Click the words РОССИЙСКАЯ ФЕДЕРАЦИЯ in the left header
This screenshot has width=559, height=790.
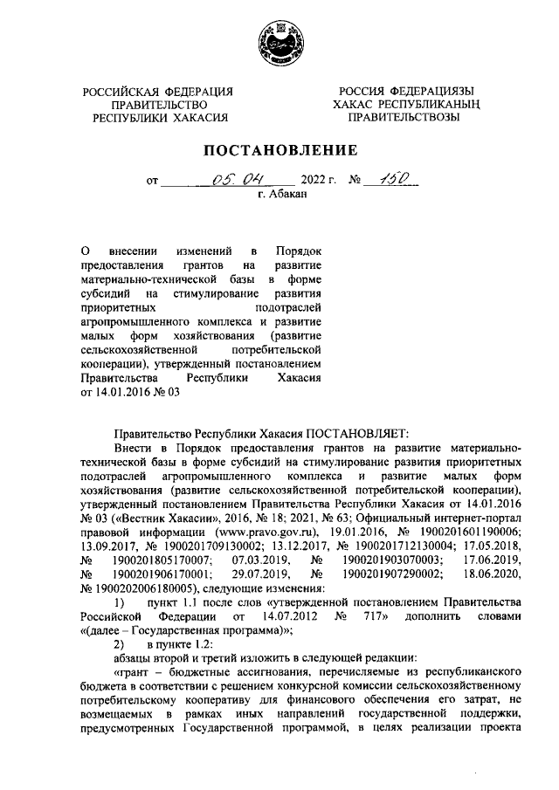pyautogui.click(x=157, y=92)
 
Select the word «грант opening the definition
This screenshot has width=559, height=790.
pyautogui.click(x=138, y=674)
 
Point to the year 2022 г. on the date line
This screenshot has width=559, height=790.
pyautogui.click(x=317, y=182)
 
